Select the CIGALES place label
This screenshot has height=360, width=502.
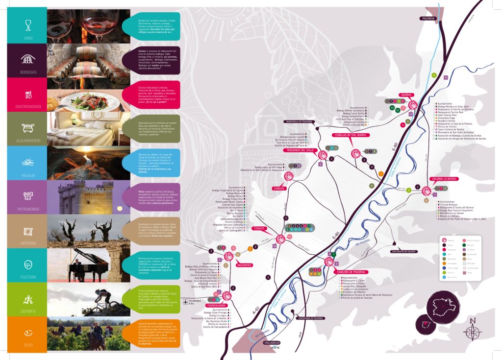point(258,228)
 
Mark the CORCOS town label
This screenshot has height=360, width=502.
point(279,188)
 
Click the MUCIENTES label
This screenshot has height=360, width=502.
point(244,265)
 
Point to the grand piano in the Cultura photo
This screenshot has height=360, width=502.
point(91,265)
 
